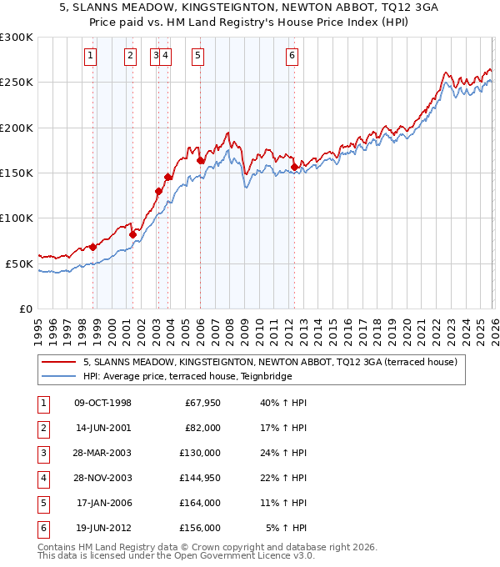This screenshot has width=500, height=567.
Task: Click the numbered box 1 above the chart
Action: tap(90, 56)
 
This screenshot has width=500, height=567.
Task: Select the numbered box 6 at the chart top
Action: tap(292, 56)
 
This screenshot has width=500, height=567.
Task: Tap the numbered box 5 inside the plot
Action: tap(197, 56)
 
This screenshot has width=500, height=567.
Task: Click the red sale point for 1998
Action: tap(93, 247)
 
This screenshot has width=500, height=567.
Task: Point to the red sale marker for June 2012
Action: tap(294, 167)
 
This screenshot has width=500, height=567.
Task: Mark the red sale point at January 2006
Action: tap(200, 160)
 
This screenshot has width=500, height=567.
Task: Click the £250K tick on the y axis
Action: tap(17, 83)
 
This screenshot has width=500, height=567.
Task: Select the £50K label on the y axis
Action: tap(19, 263)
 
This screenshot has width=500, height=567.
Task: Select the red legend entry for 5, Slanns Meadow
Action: tap(270, 363)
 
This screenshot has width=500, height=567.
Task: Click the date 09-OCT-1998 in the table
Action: tap(102, 404)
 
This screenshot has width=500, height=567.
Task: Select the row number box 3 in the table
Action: tap(41, 453)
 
